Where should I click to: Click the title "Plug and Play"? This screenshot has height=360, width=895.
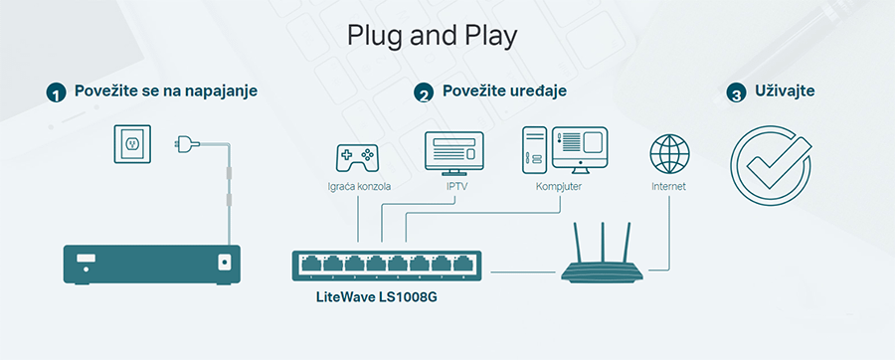point(433,36)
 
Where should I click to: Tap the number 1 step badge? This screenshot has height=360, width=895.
point(56,93)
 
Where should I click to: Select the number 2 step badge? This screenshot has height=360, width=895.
point(425,93)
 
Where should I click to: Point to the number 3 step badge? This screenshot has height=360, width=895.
point(736,93)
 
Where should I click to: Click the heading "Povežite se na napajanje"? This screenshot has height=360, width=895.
point(165,91)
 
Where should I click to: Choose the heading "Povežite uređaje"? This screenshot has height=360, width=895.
point(504,91)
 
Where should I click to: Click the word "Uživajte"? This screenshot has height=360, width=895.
point(787,91)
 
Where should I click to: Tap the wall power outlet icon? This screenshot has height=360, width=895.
point(131,145)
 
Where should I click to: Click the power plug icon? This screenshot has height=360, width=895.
point(185,143)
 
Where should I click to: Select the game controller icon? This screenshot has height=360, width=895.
point(356,156)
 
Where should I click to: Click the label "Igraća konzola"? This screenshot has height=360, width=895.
point(359,186)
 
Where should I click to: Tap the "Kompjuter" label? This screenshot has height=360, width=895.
point(558,186)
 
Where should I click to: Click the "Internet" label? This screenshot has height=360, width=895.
point(668,186)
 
